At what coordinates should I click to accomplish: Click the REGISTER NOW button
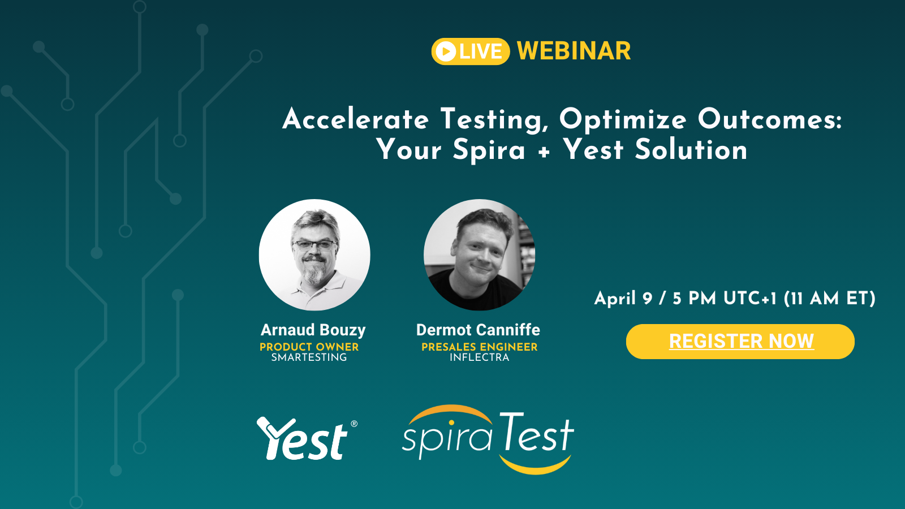(740, 342)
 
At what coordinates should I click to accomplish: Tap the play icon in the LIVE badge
(446, 51)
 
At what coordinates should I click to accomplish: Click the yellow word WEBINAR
(574, 51)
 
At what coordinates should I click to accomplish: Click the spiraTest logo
(488, 439)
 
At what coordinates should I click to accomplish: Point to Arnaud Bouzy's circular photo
(314, 255)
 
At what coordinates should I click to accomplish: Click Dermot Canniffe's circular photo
(479, 255)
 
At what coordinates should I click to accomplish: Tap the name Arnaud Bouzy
(313, 330)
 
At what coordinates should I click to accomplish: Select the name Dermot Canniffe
(478, 330)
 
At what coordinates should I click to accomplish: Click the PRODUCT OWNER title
(309, 347)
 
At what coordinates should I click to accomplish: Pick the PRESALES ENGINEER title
(480, 347)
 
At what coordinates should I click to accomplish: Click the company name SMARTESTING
(309, 357)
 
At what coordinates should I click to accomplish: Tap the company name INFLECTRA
(480, 357)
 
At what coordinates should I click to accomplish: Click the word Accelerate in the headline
(356, 119)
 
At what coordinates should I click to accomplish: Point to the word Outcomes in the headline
(770, 119)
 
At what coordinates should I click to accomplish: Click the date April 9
(623, 299)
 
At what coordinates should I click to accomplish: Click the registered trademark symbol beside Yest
(354, 424)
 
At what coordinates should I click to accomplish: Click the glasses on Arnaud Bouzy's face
(314, 245)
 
